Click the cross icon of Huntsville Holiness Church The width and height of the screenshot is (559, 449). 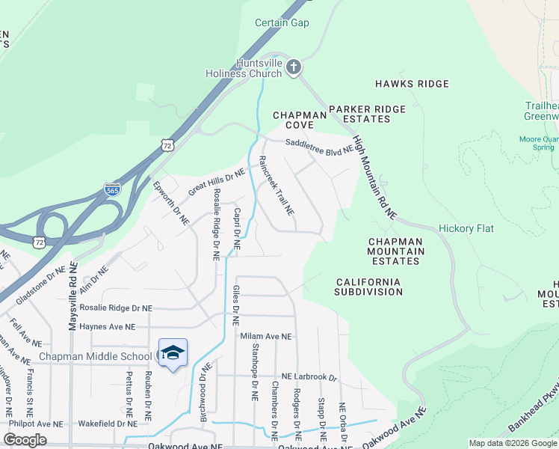294,67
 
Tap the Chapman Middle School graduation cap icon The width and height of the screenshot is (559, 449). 173,352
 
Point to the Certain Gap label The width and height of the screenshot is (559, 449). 282,23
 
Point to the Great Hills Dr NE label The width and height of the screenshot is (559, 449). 216,183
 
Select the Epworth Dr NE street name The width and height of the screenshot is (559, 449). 171,203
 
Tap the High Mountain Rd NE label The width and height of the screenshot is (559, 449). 374,177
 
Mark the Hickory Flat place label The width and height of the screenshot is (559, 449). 466,228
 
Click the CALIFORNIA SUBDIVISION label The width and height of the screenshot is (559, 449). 368,287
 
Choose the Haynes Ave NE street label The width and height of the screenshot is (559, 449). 108,327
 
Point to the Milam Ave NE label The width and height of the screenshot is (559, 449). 265,337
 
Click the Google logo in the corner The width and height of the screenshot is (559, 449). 25,440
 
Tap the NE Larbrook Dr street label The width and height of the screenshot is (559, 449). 309,376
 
